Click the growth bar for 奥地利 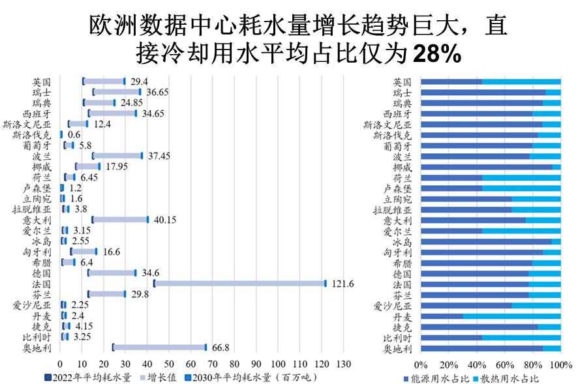pyautogui.click(x=159, y=347)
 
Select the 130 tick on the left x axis pyautogui.click(x=343, y=364)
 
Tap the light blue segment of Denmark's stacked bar pyautogui.click(x=511, y=316)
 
